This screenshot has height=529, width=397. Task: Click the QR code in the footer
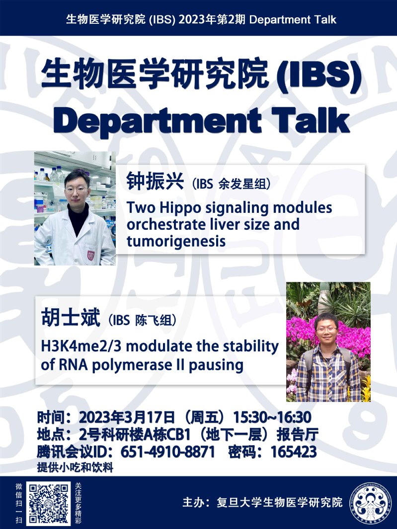point(49,503)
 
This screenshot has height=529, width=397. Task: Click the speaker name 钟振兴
point(155,182)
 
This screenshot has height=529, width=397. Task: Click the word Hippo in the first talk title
point(180,208)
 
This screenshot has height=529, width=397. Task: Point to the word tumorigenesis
point(176,242)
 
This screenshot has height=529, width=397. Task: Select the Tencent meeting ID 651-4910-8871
point(167,452)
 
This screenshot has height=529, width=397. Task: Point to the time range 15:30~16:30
point(272,417)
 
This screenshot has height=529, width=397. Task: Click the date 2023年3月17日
point(127,417)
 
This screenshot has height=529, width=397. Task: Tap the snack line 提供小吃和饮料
point(75,467)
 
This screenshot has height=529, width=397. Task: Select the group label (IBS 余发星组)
point(231,184)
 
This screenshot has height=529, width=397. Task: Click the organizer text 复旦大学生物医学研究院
point(280,502)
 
